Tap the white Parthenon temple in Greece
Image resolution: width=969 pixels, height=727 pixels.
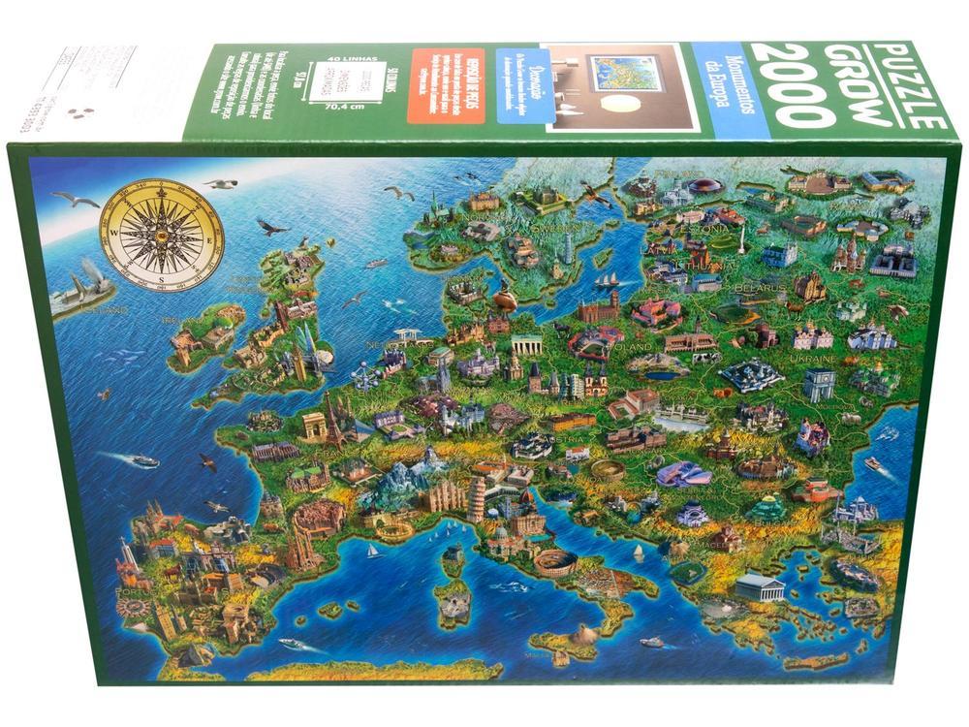pyautogui.click(x=759, y=585)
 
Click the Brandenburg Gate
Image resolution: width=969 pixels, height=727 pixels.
pyautogui.click(x=527, y=345)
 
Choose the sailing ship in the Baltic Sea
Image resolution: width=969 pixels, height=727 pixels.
pyautogui.click(x=608, y=280)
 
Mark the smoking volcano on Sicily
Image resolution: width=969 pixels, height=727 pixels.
pyautogui.click(x=584, y=635)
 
